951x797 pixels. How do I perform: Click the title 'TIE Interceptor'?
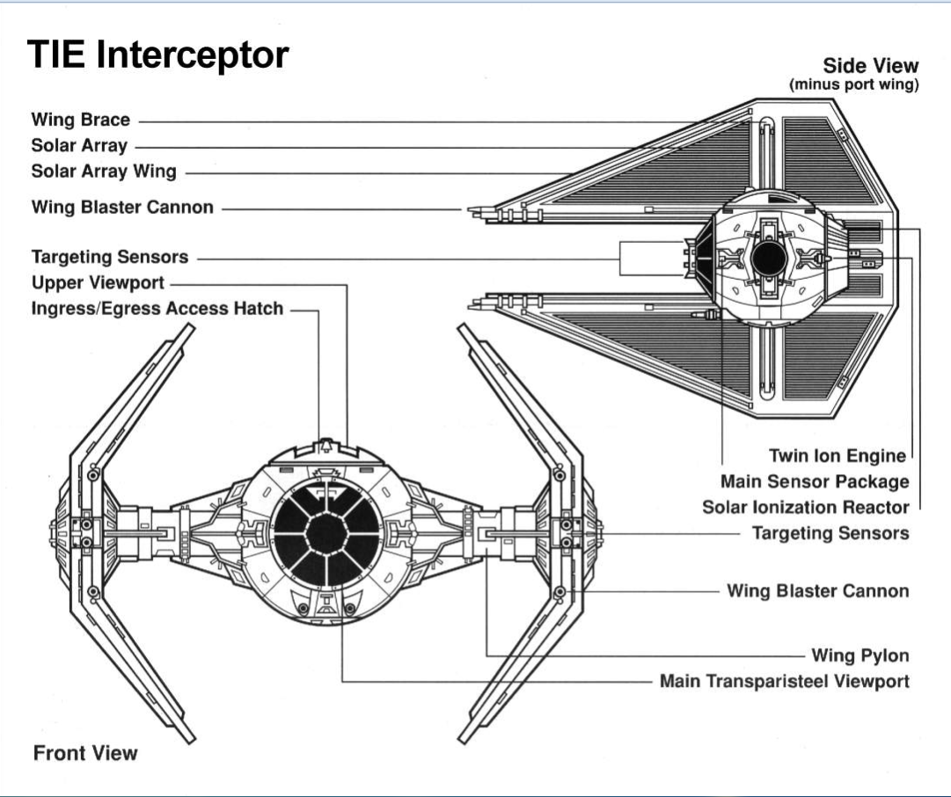pos(158,55)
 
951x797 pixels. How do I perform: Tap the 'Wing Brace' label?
pos(81,120)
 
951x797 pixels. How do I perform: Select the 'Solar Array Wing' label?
pos(104,172)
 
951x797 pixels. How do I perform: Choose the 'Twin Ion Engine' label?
pos(837,455)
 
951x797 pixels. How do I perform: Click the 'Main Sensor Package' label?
pos(814,481)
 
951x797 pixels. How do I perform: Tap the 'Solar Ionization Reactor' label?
pos(805,508)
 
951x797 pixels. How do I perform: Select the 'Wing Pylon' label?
pos(859,655)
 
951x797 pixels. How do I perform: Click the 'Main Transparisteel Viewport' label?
pos(784,682)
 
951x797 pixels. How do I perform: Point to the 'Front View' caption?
pos(85,753)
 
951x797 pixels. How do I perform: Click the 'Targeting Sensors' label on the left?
pos(110,257)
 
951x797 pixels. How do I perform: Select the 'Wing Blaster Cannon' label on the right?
pos(817,590)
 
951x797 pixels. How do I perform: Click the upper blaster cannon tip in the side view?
pos(472,210)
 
